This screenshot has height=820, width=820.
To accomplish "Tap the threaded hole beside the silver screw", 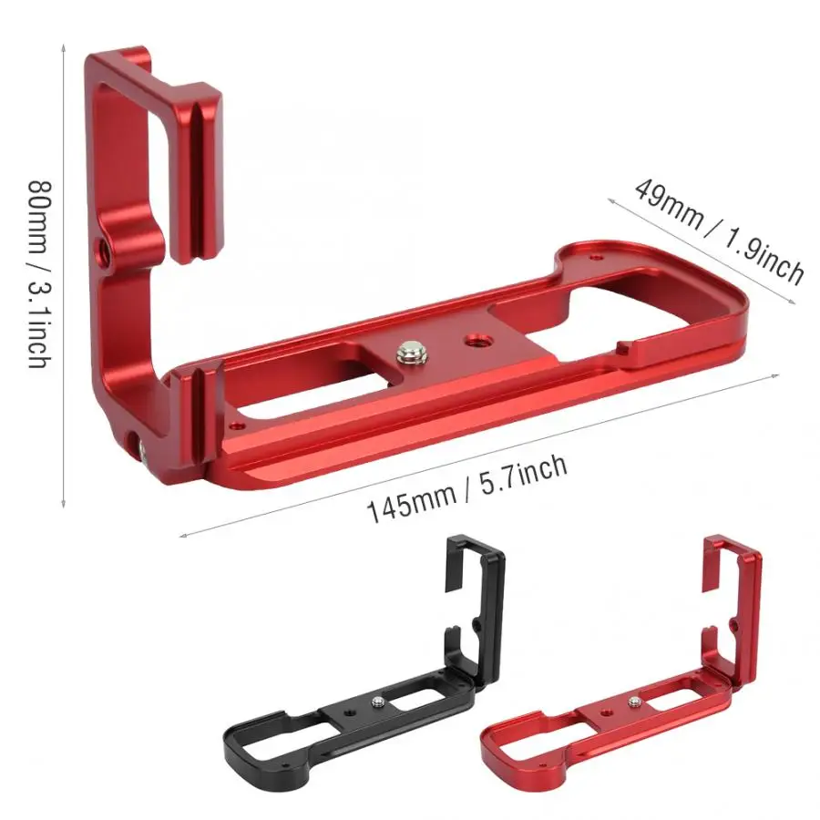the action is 476,341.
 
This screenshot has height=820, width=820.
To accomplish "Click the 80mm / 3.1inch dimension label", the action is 41,274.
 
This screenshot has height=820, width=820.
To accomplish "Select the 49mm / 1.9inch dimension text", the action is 719,231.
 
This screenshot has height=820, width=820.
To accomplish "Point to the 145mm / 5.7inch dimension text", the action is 467,488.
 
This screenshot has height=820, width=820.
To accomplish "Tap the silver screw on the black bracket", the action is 376,702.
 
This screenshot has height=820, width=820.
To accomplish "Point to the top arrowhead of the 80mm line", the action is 63,47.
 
